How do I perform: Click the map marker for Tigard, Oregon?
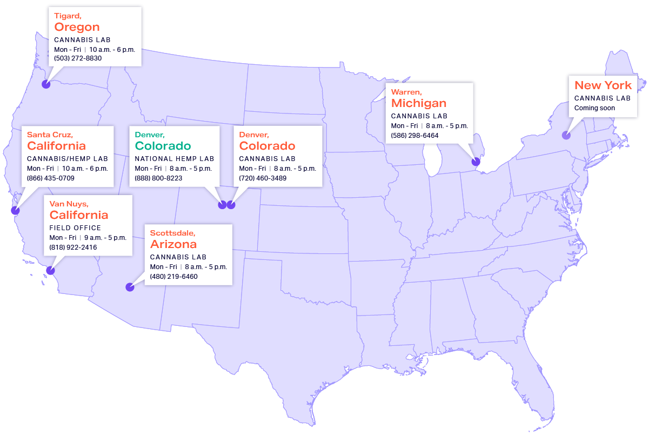[x=46, y=84]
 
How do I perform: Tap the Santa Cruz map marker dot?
[x=15, y=211]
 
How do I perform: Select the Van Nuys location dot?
[x=50, y=270]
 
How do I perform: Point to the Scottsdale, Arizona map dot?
[x=130, y=287]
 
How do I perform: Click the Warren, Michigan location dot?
[x=476, y=161]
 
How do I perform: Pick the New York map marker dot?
[x=566, y=136]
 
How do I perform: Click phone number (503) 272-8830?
[x=78, y=58]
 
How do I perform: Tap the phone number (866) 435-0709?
[x=51, y=178]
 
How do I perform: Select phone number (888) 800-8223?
[x=158, y=178]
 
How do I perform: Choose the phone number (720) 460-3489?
[x=263, y=178]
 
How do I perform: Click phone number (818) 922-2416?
[x=73, y=247]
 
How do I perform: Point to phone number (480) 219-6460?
[x=173, y=277]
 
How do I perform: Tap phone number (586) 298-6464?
[x=414, y=135]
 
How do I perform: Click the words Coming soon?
[x=594, y=108]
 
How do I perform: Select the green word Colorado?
[x=163, y=146]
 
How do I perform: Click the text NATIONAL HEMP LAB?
[x=174, y=159]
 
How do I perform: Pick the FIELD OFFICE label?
[x=75, y=228]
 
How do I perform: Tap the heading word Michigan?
[x=419, y=103]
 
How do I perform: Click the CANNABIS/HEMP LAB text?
[x=68, y=159]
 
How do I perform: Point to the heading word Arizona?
[x=173, y=244]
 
